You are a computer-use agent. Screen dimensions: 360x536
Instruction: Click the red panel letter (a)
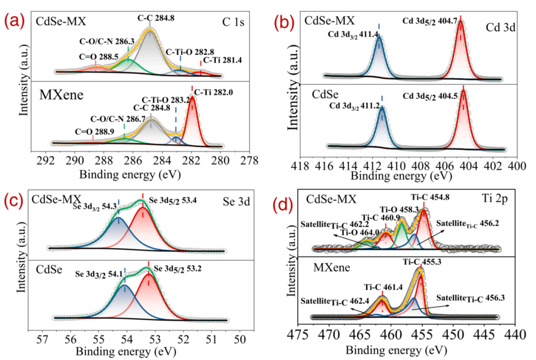[x=12, y=22]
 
